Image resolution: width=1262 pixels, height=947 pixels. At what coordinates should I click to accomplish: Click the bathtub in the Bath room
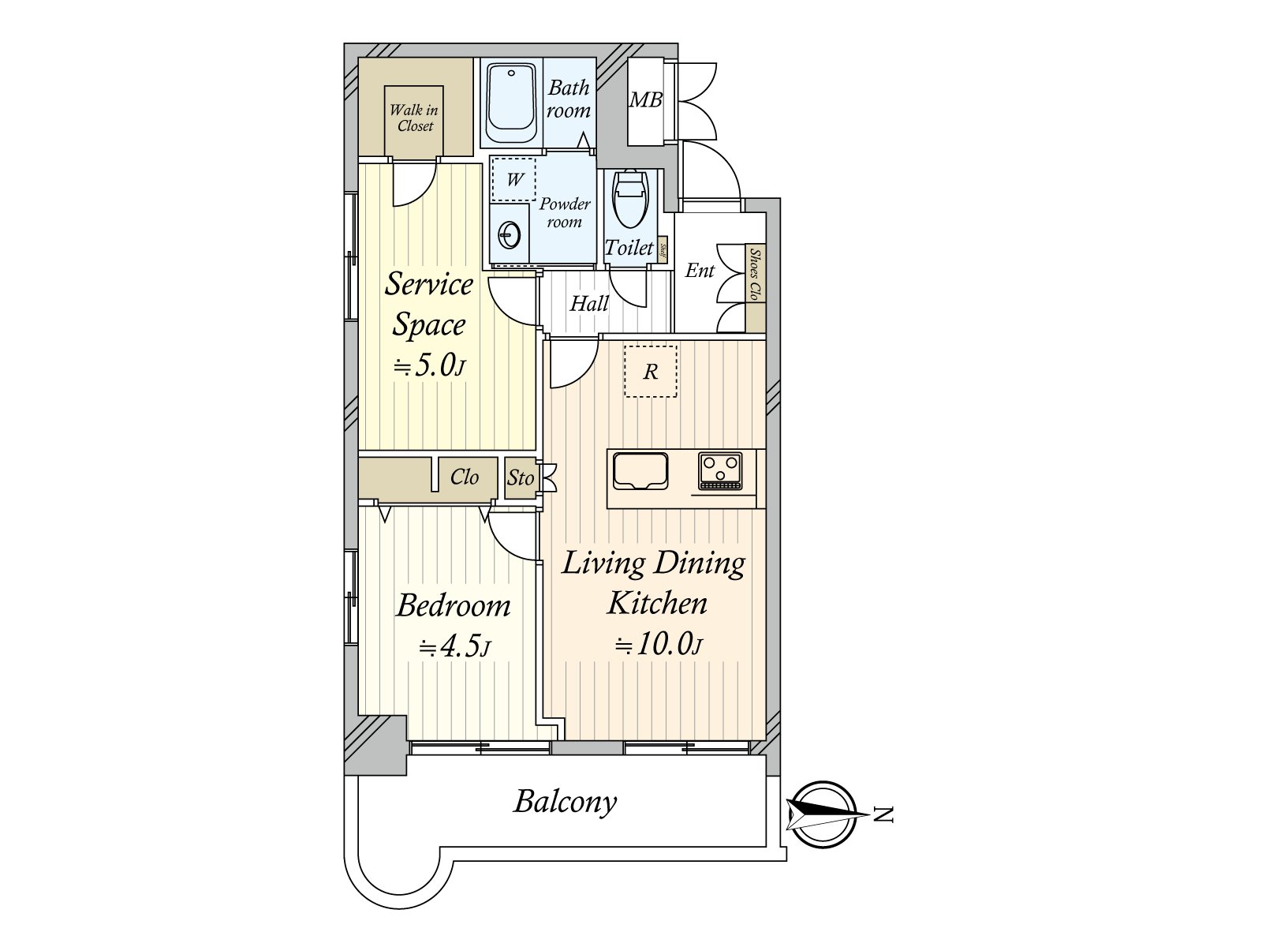(x=512, y=103)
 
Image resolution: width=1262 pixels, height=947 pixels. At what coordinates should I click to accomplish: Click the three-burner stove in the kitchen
(x=719, y=470)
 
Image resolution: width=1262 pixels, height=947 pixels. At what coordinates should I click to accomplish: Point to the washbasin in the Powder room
(x=510, y=234)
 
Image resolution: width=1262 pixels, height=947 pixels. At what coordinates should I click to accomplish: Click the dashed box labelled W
(x=513, y=179)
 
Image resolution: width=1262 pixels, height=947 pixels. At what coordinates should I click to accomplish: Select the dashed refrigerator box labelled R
(x=651, y=371)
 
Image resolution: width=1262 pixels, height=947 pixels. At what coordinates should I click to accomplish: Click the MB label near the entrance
(x=645, y=100)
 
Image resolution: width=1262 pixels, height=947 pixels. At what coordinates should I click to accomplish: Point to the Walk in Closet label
(x=414, y=118)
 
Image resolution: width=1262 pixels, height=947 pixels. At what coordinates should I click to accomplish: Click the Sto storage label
(x=521, y=477)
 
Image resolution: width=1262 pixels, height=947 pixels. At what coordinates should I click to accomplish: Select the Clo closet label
(x=465, y=477)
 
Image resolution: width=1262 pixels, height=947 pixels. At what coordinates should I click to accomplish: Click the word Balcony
(x=565, y=802)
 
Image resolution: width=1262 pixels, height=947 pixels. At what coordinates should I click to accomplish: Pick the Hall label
(x=589, y=304)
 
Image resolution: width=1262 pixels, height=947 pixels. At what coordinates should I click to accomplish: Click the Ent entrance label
(x=700, y=271)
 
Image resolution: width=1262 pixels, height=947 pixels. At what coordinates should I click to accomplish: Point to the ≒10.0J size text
(x=659, y=645)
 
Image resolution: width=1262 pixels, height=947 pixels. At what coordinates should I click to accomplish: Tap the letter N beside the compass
(x=884, y=814)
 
